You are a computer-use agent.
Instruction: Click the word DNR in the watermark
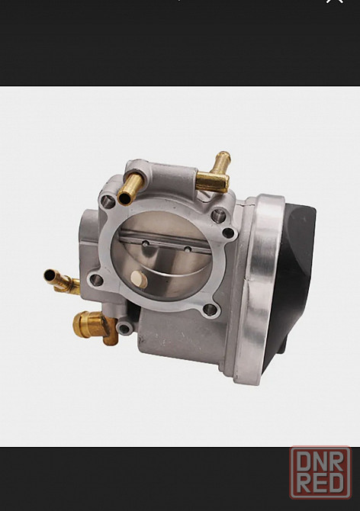pyautogui.click(x=320, y=461)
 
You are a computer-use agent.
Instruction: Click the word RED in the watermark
pyautogui.click(x=321, y=484)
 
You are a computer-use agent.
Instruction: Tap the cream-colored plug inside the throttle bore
pyautogui.click(x=139, y=279)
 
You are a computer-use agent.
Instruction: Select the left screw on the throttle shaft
pyautogui.click(x=146, y=243)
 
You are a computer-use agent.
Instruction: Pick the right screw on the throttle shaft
pyautogui.click(x=188, y=249)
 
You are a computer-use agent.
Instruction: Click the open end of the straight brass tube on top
pyautogui.click(x=125, y=198)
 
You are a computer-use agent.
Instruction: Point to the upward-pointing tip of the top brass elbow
pyautogui.click(x=224, y=156)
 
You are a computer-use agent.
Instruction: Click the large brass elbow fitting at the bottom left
pyautogui.click(x=95, y=327)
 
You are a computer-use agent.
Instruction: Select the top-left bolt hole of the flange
pyautogui.click(x=108, y=201)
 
